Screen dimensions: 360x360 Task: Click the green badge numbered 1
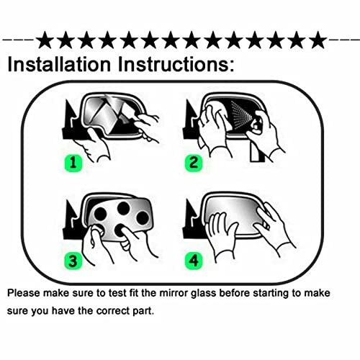pyautogui.click(x=73, y=163)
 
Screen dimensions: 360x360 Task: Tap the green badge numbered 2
pyautogui.click(x=194, y=163)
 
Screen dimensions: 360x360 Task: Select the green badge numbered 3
pyautogui.click(x=73, y=261)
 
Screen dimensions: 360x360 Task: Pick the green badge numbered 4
pyautogui.click(x=194, y=261)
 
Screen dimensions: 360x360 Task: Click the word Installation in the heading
pyautogui.click(x=59, y=64)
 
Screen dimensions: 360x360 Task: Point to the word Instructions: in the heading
pyautogui.click(x=176, y=64)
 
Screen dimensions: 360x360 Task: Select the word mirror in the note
pyautogui.click(x=174, y=293)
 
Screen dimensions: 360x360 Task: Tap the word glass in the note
pyautogui.click(x=204, y=294)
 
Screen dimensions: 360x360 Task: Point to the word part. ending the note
pyautogui.click(x=143, y=312)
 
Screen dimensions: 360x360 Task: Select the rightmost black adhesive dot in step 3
pyautogui.click(x=143, y=217)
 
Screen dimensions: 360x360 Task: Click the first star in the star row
pyautogui.click(x=45, y=40)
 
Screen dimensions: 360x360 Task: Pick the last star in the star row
pyautogui.click(x=318, y=40)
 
